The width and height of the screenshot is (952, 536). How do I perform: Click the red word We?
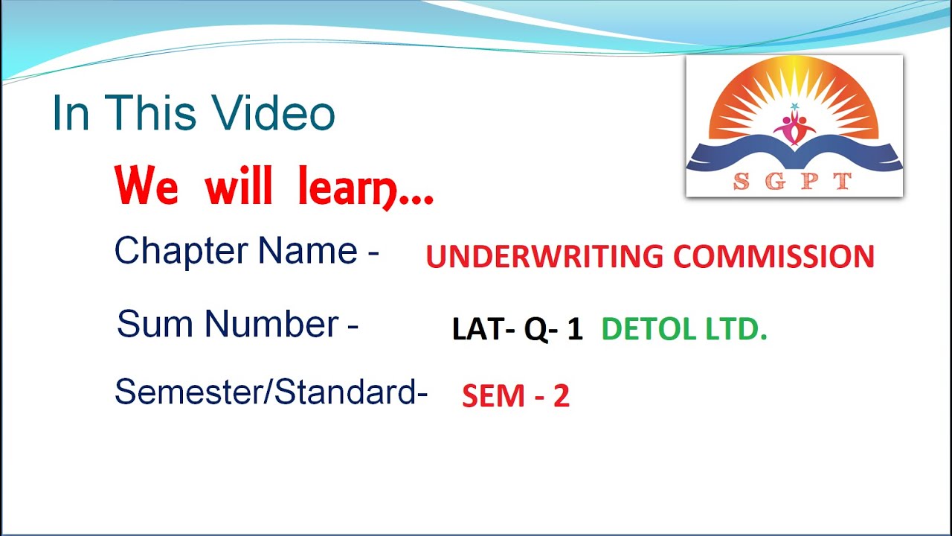(x=147, y=187)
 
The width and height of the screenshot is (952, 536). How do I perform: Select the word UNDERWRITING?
(x=544, y=257)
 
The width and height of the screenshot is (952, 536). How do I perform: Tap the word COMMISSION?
(x=773, y=257)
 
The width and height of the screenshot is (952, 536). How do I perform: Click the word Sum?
(x=154, y=325)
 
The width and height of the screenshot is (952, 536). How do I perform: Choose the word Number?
(x=271, y=325)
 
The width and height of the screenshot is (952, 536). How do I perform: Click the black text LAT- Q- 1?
(x=517, y=329)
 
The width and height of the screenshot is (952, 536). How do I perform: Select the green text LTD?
(x=736, y=329)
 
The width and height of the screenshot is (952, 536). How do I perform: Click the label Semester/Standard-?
(x=271, y=392)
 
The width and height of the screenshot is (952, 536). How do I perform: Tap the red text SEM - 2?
(x=515, y=396)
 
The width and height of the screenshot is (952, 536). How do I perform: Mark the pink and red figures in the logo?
(x=794, y=126)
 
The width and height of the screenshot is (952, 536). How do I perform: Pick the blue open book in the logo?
(x=794, y=155)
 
